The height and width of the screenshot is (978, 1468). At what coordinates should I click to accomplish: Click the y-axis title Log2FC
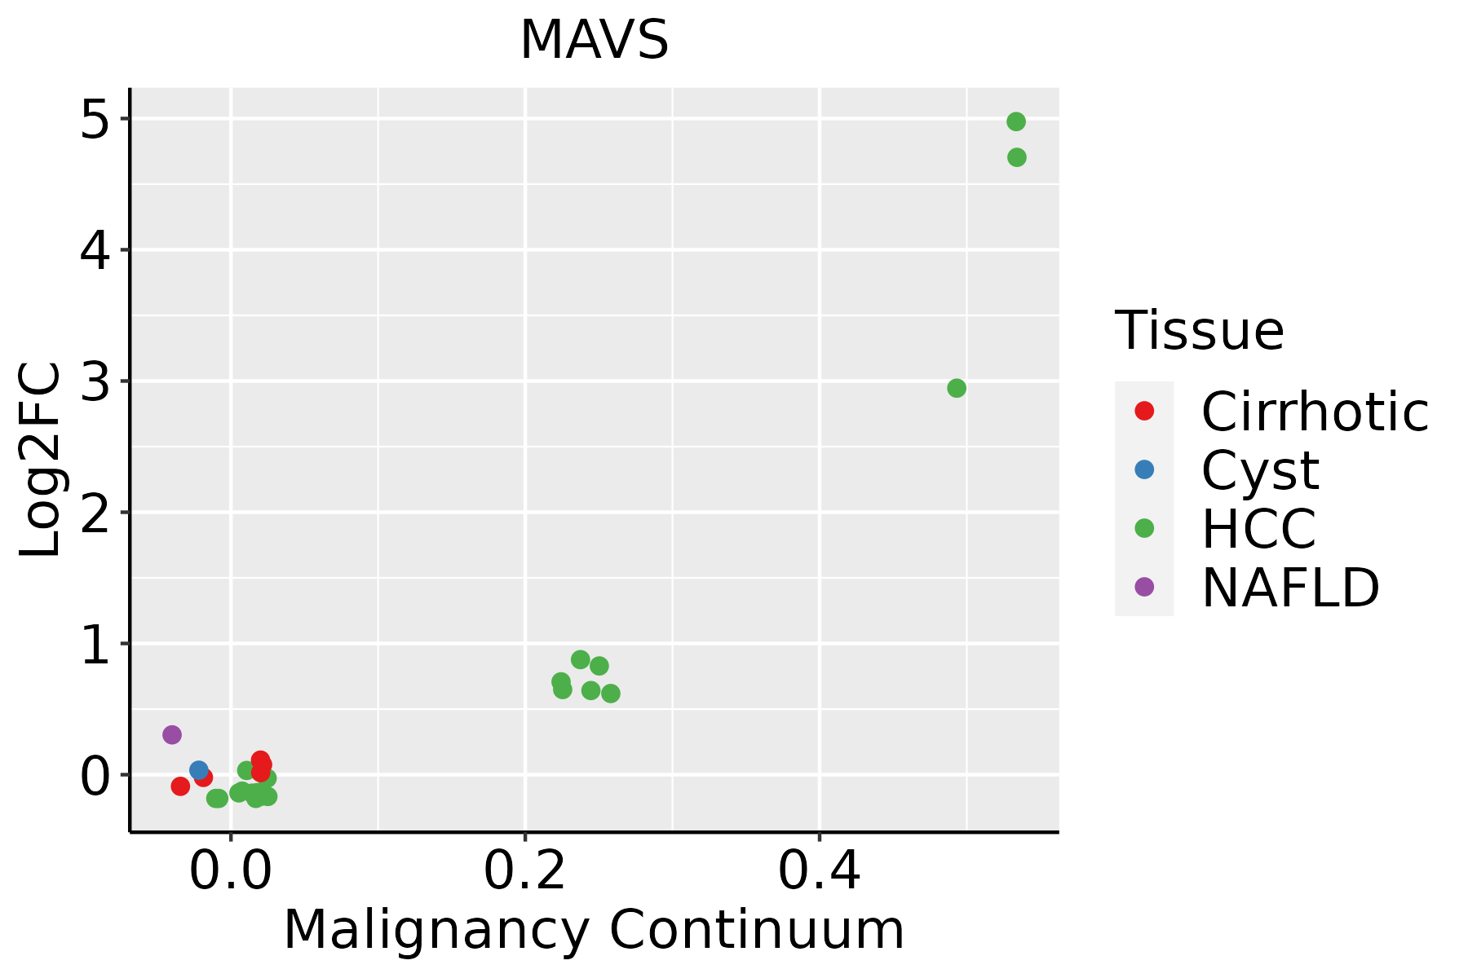pos(41,460)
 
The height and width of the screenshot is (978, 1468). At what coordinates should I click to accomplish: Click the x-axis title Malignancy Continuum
pos(594,930)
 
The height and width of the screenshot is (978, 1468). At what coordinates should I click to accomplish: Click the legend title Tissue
pos(1199,331)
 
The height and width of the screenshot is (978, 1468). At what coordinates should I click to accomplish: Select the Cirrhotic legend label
pos(1315,412)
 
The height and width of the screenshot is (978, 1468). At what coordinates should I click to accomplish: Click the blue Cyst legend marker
pos(1144,469)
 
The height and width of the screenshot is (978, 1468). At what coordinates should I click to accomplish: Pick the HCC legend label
pos(1258,529)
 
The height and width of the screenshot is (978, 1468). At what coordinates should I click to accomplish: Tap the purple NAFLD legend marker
pos(1144,587)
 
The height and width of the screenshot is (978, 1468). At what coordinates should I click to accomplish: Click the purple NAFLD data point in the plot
pos(171,734)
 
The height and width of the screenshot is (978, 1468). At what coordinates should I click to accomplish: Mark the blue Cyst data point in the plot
pos(198,770)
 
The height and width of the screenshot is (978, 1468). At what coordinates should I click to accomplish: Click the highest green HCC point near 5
pos(1016,121)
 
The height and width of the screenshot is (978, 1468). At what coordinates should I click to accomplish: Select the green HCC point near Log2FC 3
pos(957,388)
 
